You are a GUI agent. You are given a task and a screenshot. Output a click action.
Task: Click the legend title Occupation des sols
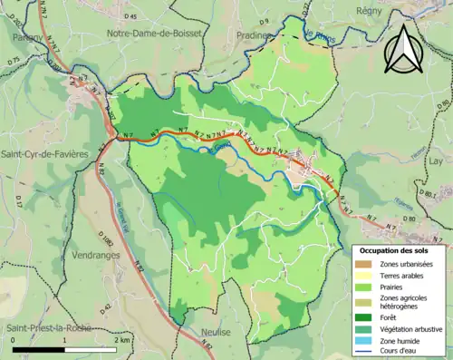tap(400, 249)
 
